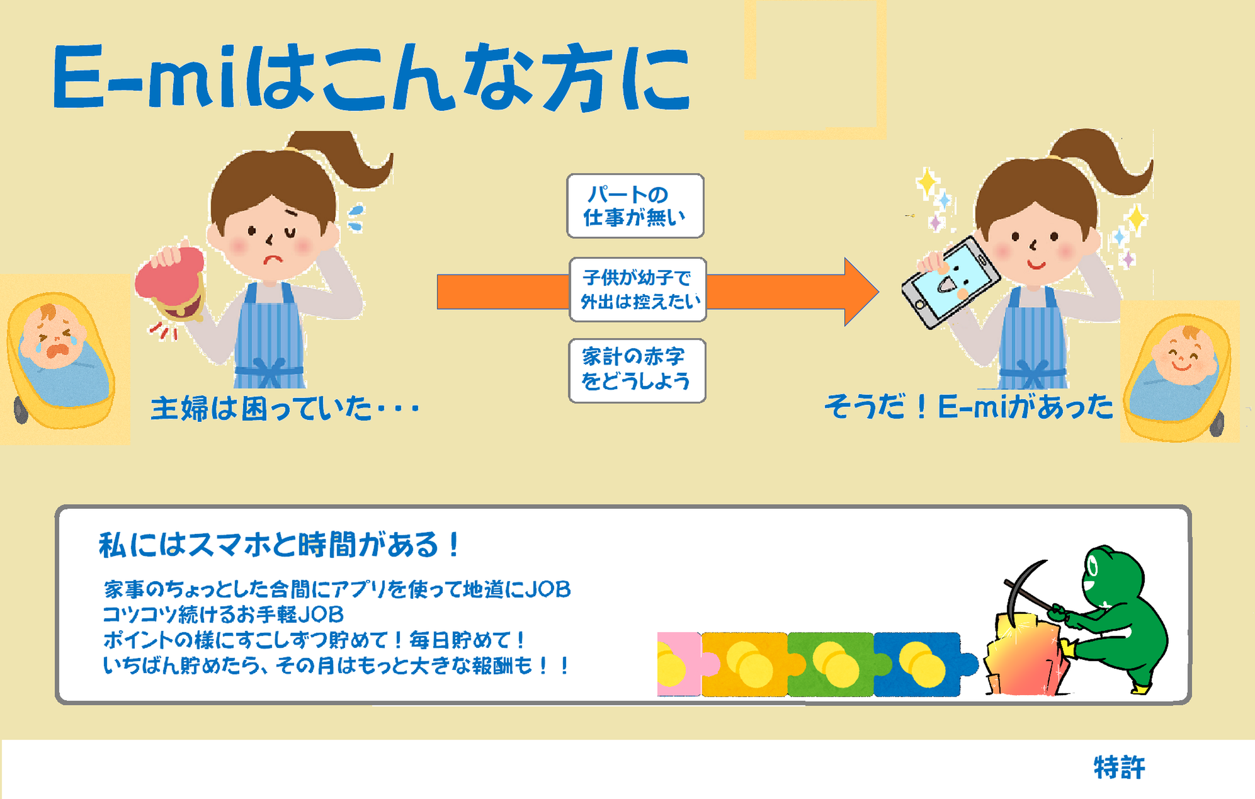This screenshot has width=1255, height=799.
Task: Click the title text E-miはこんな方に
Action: pyautogui.click(x=372, y=79)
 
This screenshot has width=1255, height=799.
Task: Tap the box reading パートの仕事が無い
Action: pyautogui.click(x=635, y=206)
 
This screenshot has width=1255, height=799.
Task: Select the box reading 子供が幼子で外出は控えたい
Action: pyautogui.click(x=637, y=290)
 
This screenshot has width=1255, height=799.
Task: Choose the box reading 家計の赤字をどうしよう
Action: pyautogui.click(x=637, y=371)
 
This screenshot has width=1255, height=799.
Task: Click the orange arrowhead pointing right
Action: pyautogui.click(x=860, y=292)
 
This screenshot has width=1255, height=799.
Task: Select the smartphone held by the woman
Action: pyautogui.click(x=951, y=282)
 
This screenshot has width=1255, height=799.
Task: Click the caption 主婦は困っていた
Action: pyautogui.click(x=285, y=408)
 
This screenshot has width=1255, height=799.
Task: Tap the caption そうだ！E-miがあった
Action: pyautogui.click(x=968, y=406)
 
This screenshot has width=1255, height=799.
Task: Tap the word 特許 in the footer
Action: pyautogui.click(x=1119, y=768)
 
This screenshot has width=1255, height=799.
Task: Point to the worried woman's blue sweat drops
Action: pyautogui.click(x=356, y=218)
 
